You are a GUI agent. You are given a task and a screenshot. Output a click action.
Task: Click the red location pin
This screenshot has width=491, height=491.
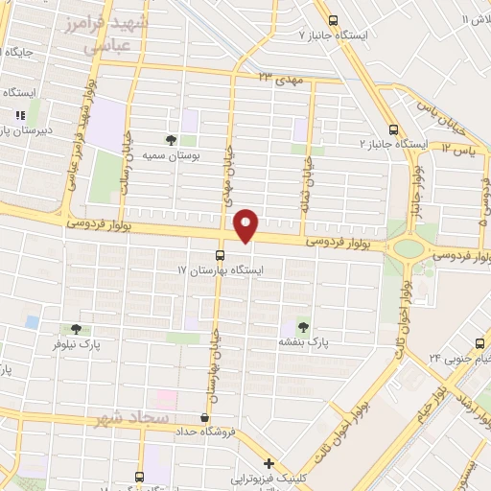pos(247,225)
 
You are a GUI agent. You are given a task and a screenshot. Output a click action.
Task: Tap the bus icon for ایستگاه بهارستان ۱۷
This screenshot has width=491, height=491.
pos(221,255)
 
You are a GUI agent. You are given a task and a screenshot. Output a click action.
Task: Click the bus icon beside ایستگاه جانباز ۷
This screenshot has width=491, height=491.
pos(333,20)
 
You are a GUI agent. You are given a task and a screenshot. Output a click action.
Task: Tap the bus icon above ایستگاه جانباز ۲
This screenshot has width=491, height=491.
pos(393,129)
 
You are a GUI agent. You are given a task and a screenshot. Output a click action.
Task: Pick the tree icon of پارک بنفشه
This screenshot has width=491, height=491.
pos(303,327)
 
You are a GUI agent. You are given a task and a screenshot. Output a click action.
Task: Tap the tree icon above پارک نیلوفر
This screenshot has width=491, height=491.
pos(76,329)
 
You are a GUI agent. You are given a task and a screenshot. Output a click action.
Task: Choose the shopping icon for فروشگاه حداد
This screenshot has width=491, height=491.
pos(204,418)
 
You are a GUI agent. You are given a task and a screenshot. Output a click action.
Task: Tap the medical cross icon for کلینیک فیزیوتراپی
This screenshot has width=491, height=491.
pos(269,463)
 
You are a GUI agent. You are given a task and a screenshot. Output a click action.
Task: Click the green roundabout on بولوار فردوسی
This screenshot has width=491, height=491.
pos(409,248)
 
